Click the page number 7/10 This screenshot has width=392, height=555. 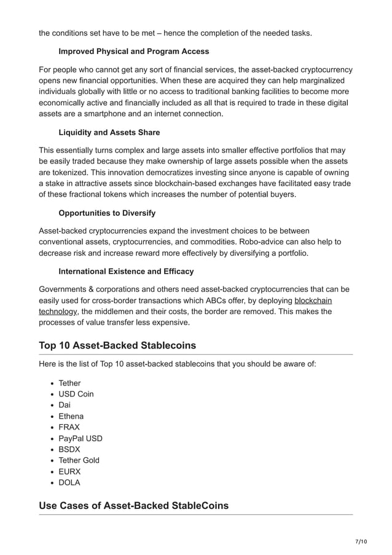point(361,541)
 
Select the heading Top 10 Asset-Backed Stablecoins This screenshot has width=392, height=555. point(117,345)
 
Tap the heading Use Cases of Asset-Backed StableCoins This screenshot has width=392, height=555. point(133,506)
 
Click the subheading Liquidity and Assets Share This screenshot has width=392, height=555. point(109,132)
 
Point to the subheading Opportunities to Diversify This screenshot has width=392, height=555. point(107,213)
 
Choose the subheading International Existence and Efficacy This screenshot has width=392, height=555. point(126,271)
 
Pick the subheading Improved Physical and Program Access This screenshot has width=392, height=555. point(134,52)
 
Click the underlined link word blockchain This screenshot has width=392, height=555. point(313,301)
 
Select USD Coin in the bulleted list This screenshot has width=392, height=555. point(76,394)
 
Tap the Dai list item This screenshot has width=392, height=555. point(65,405)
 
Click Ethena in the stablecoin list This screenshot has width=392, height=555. point(71,416)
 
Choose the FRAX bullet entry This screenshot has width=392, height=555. point(69,427)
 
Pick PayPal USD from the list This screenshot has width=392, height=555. point(80,438)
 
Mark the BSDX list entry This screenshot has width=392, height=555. point(70,449)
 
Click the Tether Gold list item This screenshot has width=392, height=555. point(79,460)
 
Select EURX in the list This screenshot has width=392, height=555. point(69,471)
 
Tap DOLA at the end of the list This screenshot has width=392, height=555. point(69,482)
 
